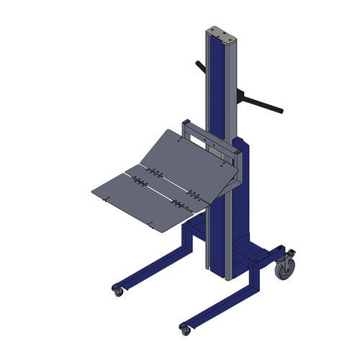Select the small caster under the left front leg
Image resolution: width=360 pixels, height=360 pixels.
(x=117, y=290)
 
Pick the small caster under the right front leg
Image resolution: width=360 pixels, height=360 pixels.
(x=185, y=329)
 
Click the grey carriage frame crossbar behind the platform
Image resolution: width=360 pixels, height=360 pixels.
(x=209, y=136)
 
